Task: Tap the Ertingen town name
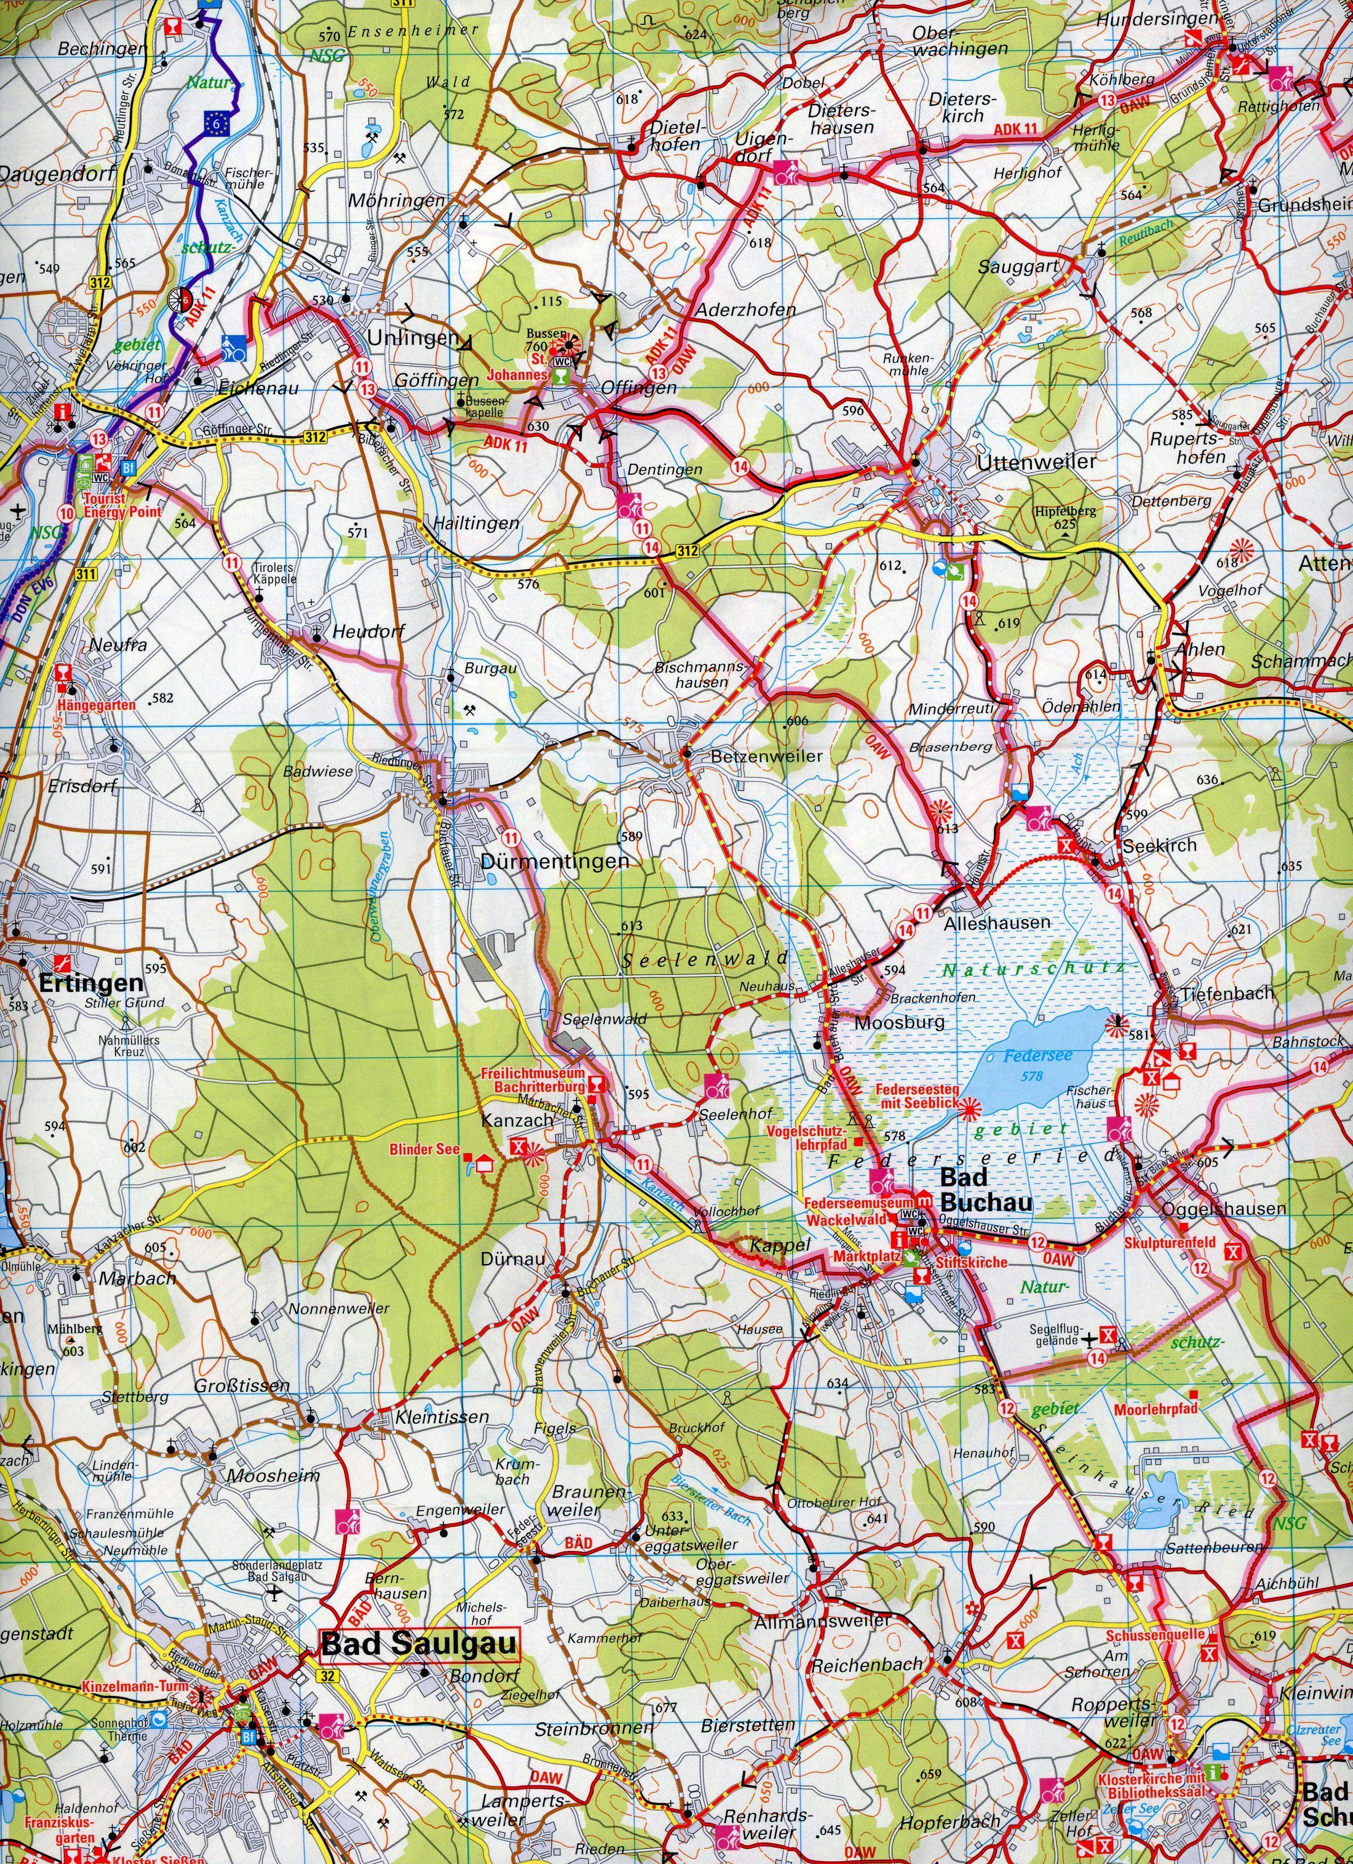point(91,983)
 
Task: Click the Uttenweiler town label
point(1037,462)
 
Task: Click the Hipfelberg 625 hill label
point(1065,517)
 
